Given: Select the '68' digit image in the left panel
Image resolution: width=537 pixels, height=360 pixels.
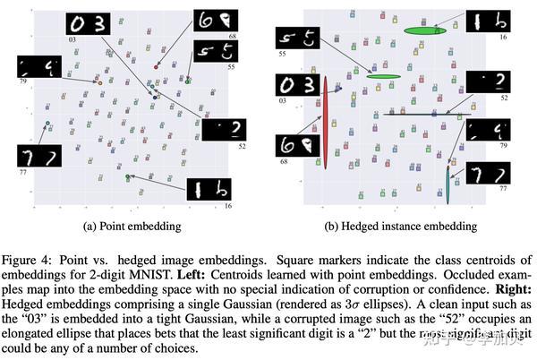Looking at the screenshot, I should coord(216,20).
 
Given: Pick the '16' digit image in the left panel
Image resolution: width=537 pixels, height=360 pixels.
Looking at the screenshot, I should coord(208,189).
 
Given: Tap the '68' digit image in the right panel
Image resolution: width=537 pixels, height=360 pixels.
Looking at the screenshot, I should coord(295,143).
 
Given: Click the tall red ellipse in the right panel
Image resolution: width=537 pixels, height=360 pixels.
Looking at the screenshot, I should coord(327,117).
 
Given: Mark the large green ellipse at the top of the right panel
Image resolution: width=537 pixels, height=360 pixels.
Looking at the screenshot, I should coord(425,31).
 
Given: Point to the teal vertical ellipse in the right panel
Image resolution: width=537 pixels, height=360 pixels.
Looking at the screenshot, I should coord(449,179).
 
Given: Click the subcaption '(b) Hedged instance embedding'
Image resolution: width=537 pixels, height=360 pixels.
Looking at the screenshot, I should coord(391,226).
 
